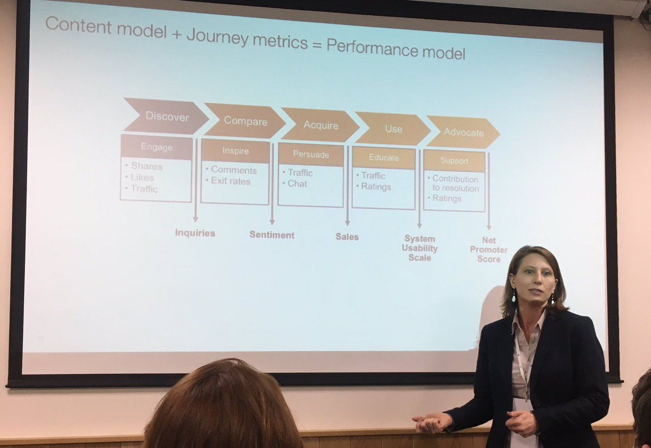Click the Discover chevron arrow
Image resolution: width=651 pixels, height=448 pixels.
(165, 116)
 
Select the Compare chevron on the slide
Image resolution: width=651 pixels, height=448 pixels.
(245, 121)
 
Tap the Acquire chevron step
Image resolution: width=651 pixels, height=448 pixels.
(320, 125)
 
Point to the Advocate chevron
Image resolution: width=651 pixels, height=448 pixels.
(463, 132)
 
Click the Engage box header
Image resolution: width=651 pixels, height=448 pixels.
(156, 147)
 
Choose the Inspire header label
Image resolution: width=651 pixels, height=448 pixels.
(235, 151)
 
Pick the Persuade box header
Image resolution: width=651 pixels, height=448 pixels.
(311, 155)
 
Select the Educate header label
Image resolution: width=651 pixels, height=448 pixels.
(384, 158)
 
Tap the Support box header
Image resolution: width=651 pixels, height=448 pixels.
(454, 161)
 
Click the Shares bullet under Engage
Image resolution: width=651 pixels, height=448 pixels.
(146, 166)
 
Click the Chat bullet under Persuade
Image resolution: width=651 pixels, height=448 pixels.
(297, 184)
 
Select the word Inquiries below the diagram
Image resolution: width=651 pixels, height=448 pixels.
(195, 233)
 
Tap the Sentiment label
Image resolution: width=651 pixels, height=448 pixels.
(272, 235)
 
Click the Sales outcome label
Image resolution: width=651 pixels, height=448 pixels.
(347, 237)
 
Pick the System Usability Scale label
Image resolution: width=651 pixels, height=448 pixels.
(419, 248)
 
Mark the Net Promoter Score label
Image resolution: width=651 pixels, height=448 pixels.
(488, 250)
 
